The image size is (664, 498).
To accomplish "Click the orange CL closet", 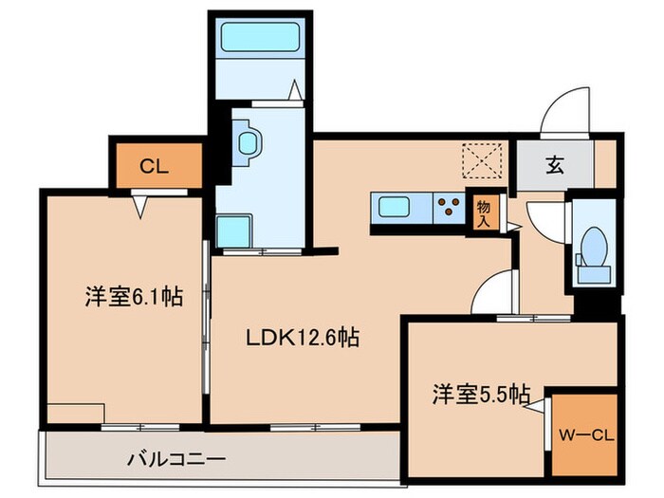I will (x=157, y=166).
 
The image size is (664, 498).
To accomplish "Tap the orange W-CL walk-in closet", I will (x=586, y=434).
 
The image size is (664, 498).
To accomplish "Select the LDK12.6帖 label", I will (x=304, y=337).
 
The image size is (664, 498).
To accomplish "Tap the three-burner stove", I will (x=449, y=206).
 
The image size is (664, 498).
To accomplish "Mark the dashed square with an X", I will (x=481, y=158).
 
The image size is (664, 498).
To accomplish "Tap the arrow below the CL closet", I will (x=142, y=203).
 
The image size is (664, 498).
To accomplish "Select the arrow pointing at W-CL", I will (x=540, y=407).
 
